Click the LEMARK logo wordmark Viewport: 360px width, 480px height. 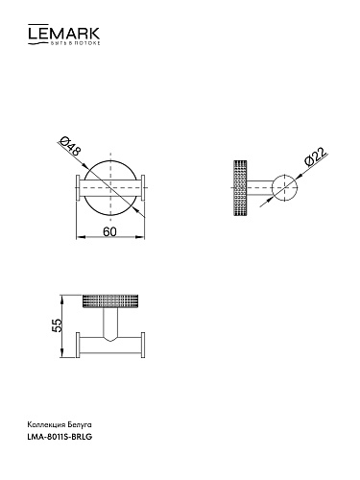point(64,32)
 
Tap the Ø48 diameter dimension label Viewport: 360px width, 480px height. point(71,147)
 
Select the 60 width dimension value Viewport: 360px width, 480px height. point(109,231)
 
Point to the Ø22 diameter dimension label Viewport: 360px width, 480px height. point(316,156)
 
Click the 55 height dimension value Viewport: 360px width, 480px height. point(57,325)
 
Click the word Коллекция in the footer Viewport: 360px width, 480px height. point(46,425)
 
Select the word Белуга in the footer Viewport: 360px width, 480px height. point(79,425)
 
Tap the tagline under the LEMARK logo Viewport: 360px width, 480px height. point(74,43)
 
